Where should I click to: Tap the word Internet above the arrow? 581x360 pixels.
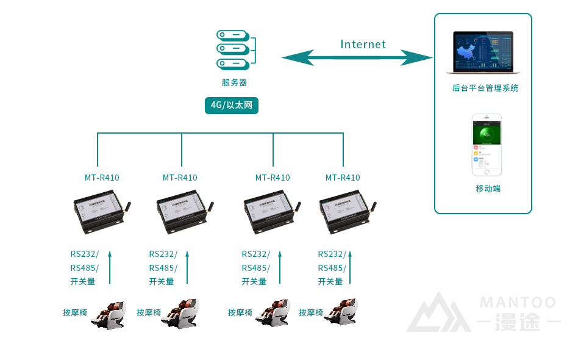click(363, 45)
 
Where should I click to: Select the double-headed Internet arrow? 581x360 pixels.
click(357, 58)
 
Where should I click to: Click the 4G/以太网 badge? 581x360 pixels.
click(231, 106)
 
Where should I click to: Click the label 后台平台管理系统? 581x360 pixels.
click(485, 88)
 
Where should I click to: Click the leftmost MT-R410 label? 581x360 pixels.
click(102, 178)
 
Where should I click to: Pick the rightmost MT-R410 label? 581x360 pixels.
click(343, 178)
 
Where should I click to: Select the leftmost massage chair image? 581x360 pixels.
click(110, 314)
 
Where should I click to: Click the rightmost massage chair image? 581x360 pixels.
click(342, 314)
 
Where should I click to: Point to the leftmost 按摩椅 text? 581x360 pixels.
click(75, 313)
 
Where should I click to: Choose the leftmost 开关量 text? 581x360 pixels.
click(83, 282)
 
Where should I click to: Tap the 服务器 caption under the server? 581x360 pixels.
click(234, 83)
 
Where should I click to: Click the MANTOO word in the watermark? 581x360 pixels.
click(518, 303)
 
